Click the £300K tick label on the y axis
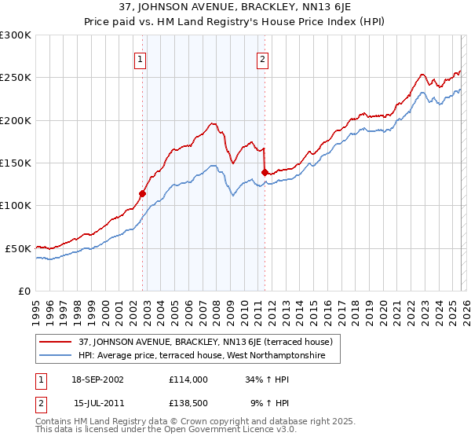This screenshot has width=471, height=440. coord(16,35)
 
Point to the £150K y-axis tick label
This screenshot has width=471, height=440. coord(16,163)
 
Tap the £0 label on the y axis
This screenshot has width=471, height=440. coord(24,291)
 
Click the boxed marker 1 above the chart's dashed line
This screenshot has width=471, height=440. coord(140,58)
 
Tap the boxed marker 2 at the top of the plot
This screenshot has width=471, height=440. coord(261,58)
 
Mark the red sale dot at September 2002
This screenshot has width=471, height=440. coord(143,193)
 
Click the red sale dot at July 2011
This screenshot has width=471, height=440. coord(265,172)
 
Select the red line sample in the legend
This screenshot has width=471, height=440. coord(57,342)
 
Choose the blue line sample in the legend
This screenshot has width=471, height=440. coord(57,356)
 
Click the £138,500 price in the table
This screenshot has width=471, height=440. coord(188,402)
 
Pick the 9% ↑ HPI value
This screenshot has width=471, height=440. coord(270,402)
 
